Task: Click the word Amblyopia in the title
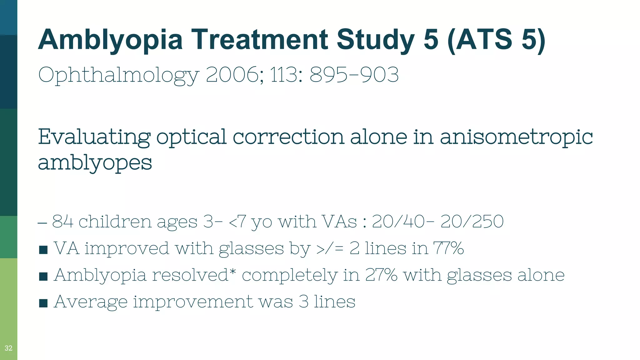110,40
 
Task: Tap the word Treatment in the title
259,39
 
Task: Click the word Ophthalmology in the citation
119,75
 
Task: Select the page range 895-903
354,75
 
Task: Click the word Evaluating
94,137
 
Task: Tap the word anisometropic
516,137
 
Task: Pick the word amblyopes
95,163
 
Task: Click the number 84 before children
62,222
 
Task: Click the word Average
91,302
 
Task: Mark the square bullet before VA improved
43,250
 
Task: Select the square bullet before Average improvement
43,303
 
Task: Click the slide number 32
8,348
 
